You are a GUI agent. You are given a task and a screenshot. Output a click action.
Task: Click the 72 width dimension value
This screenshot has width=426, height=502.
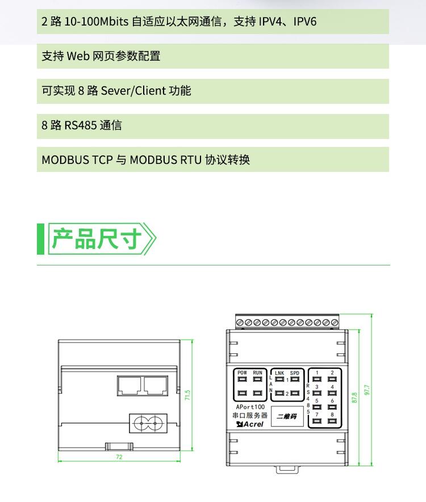point(119,457)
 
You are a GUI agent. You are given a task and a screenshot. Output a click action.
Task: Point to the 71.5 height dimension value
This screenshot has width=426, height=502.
point(187,395)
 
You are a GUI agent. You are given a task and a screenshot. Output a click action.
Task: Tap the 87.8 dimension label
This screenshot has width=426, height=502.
point(354,398)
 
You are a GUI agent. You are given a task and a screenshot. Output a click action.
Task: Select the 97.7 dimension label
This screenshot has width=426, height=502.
point(367,390)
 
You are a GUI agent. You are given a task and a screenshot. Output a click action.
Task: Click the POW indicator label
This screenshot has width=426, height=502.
point(243,373)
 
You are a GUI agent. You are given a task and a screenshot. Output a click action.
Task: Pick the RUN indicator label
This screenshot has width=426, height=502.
point(258,373)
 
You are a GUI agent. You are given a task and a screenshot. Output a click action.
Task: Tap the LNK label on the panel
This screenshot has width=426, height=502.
point(279,373)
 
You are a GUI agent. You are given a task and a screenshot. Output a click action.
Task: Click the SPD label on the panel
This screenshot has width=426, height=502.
point(295,373)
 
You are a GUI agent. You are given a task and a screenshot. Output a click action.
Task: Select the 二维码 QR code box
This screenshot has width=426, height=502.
point(287,416)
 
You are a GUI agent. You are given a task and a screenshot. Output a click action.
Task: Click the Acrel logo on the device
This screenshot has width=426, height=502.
point(250,424)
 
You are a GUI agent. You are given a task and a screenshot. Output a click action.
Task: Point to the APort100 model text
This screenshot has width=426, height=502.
point(250,407)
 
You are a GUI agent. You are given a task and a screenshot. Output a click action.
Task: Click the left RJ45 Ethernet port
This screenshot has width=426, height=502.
point(129,386)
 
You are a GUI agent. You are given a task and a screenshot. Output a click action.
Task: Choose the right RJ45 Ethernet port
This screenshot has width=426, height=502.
point(156,386)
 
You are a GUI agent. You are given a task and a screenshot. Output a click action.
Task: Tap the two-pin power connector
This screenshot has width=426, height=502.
point(148,423)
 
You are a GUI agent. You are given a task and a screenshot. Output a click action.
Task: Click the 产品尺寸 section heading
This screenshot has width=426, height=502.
point(96,239)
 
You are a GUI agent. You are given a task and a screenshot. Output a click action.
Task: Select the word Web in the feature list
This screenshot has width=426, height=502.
point(78,56)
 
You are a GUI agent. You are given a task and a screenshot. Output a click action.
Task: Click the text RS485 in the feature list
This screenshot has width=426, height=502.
point(81,125)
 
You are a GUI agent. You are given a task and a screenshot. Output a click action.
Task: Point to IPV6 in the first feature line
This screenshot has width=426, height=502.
point(305,22)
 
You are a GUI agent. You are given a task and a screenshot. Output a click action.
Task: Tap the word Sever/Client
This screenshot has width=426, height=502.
point(133,91)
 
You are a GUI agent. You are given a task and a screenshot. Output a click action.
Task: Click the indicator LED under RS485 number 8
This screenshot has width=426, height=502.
point(332,421)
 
